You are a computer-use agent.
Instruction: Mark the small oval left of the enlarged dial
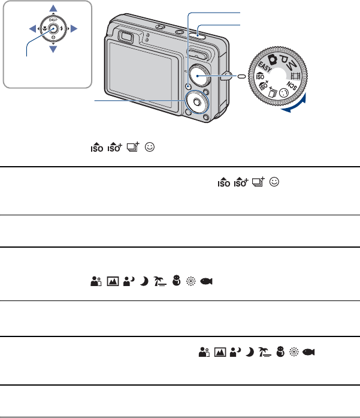tap(241, 76)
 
